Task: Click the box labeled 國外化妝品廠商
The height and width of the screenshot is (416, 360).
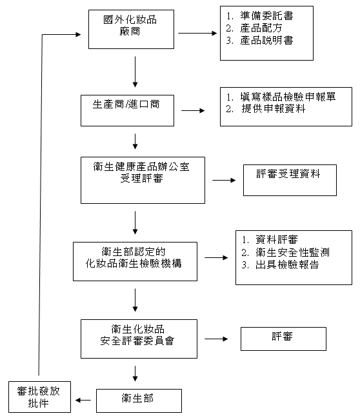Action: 131,29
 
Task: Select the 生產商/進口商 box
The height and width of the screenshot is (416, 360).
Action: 127,110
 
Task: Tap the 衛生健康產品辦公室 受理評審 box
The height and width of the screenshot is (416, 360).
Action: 143,180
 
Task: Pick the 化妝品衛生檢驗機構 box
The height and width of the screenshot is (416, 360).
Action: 135,261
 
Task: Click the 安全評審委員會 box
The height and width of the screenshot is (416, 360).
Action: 139,339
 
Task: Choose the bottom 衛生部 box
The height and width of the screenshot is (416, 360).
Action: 139,401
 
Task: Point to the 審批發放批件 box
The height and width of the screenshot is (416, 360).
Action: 39,397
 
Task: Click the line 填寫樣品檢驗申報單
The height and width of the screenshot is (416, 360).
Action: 281,97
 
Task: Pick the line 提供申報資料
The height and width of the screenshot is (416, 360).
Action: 266,109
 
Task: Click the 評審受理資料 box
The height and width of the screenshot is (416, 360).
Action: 290,180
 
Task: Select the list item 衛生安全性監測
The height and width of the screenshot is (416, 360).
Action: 285,252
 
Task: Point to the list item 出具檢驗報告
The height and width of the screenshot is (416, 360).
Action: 280,264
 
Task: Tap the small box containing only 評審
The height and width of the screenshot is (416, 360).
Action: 283,339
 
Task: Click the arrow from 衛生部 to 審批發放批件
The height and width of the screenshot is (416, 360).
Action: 83,401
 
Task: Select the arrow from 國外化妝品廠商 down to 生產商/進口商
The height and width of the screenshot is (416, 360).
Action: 135,72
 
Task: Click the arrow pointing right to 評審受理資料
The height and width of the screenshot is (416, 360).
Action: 224,181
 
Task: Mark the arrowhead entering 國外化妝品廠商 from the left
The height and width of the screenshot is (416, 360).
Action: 78,34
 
